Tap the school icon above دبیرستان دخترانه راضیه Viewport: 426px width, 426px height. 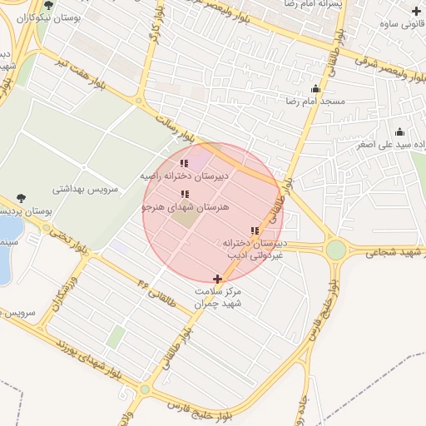(x=184, y=164)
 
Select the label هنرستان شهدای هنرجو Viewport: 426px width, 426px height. (x=185, y=206)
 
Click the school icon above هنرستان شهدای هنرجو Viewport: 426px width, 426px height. (x=184, y=194)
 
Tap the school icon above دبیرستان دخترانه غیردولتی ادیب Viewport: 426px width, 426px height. (x=254, y=230)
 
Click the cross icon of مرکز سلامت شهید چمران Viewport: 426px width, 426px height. (x=218, y=279)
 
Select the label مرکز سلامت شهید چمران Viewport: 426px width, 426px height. (x=218, y=298)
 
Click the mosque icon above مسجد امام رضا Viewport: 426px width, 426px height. (x=315, y=89)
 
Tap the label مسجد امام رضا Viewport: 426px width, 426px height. (x=317, y=101)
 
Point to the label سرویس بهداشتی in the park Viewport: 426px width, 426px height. (x=86, y=189)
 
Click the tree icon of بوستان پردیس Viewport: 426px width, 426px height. (x=20, y=198)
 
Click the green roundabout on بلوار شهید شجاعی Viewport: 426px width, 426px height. (x=335, y=250)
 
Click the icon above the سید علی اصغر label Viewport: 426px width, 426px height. (x=399, y=131)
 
